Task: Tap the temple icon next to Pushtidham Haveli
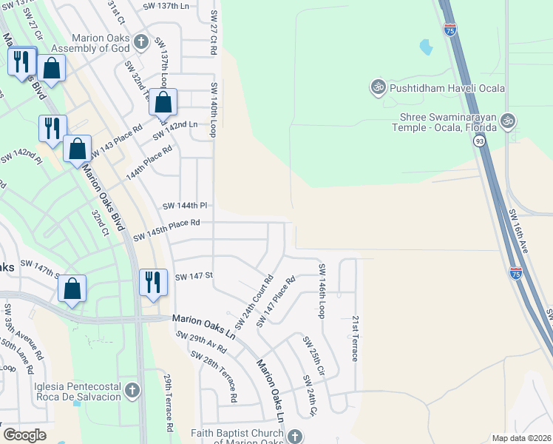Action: click(377, 87)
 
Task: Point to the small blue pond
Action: click(426, 48)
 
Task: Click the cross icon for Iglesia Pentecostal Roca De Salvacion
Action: click(132, 390)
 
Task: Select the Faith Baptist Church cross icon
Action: click(295, 436)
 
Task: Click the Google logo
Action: click(24, 434)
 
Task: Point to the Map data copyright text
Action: click(521, 438)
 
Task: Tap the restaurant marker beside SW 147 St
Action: click(152, 283)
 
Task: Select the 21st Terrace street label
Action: click(355, 337)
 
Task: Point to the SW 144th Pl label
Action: click(184, 205)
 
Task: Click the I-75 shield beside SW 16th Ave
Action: click(516, 273)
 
